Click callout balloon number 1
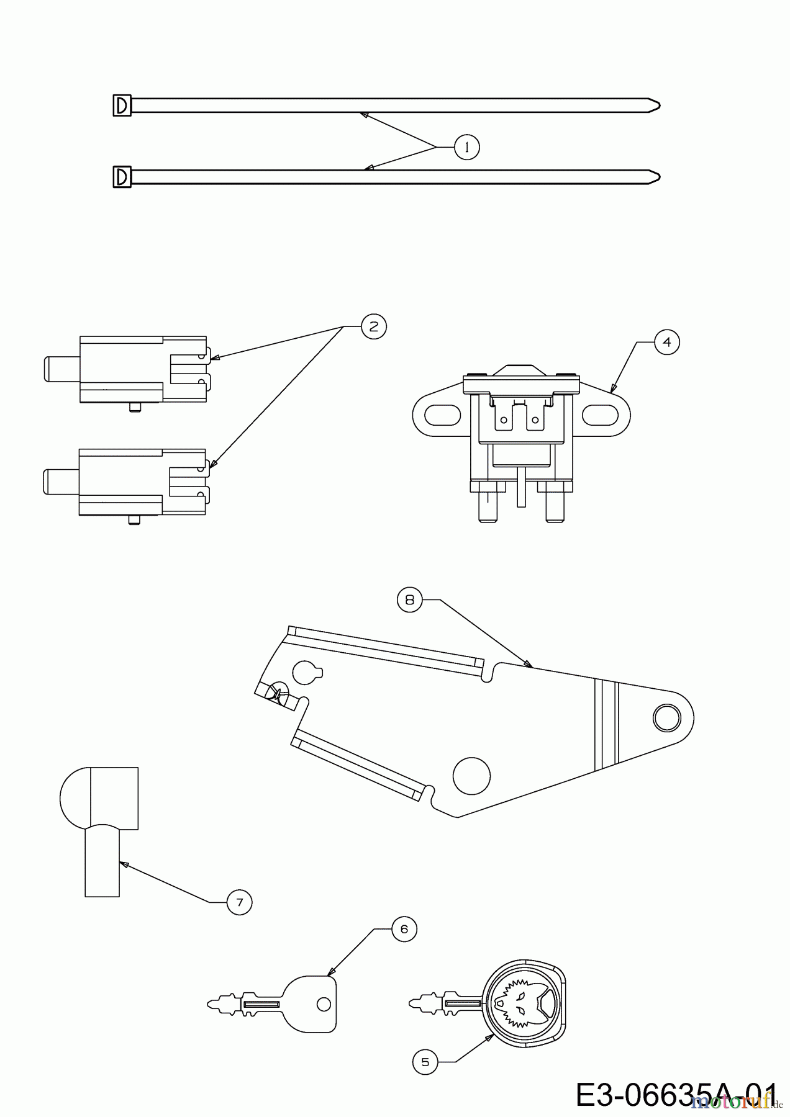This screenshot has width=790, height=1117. (x=466, y=147)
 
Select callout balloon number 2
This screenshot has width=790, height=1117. (x=373, y=326)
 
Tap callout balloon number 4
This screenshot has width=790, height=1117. (x=667, y=341)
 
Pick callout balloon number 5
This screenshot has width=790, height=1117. (x=425, y=1062)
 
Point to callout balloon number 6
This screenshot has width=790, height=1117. (x=404, y=929)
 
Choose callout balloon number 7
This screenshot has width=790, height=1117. (x=240, y=901)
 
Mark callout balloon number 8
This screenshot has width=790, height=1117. (x=409, y=600)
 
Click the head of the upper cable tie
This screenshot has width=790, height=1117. (x=122, y=105)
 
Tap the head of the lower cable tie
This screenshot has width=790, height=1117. (x=122, y=177)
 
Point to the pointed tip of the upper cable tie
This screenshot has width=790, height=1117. (x=660, y=105)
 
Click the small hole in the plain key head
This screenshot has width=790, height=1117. (x=322, y=1003)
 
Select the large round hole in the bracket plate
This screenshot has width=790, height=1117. (x=472, y=776)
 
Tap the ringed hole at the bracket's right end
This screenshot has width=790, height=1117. (x=666, y=718)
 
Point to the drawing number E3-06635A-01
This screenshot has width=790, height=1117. (x=676, y=1095)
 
